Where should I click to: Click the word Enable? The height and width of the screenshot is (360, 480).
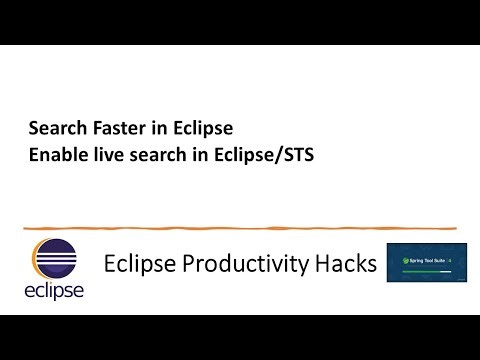(54, 156)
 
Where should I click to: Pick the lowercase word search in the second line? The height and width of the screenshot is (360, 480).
(148, 156)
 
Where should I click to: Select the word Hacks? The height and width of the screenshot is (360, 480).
(344, 264)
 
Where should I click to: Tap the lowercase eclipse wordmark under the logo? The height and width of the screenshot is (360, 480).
(54, 291)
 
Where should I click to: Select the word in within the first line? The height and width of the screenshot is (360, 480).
(164, 129)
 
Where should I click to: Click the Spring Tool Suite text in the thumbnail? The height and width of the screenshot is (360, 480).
(427, 261)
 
